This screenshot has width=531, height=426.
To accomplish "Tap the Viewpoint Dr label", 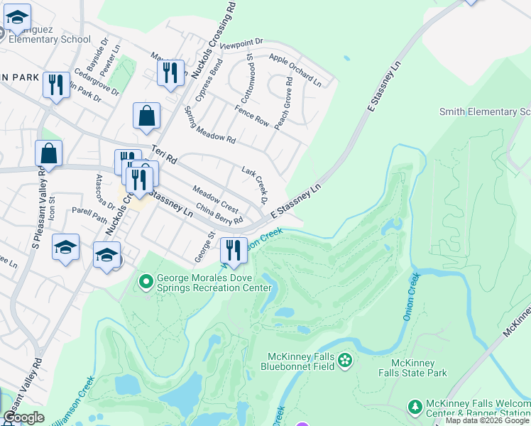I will tap(241, 44).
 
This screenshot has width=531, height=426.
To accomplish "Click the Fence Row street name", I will tap(252, 116).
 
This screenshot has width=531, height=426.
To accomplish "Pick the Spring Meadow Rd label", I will tap(209, 124).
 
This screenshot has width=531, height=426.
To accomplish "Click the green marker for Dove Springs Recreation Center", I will tap(146, 282).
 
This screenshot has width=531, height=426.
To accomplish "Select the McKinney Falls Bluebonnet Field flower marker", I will tap(345, 361).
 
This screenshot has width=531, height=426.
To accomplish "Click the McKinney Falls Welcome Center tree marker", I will tap(415, 407).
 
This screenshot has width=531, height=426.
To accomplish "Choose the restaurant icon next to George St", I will tap(233, 250).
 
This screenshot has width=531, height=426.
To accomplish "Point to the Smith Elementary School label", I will tap(485, 111).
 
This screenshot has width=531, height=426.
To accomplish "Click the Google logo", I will tap(23, 417).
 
